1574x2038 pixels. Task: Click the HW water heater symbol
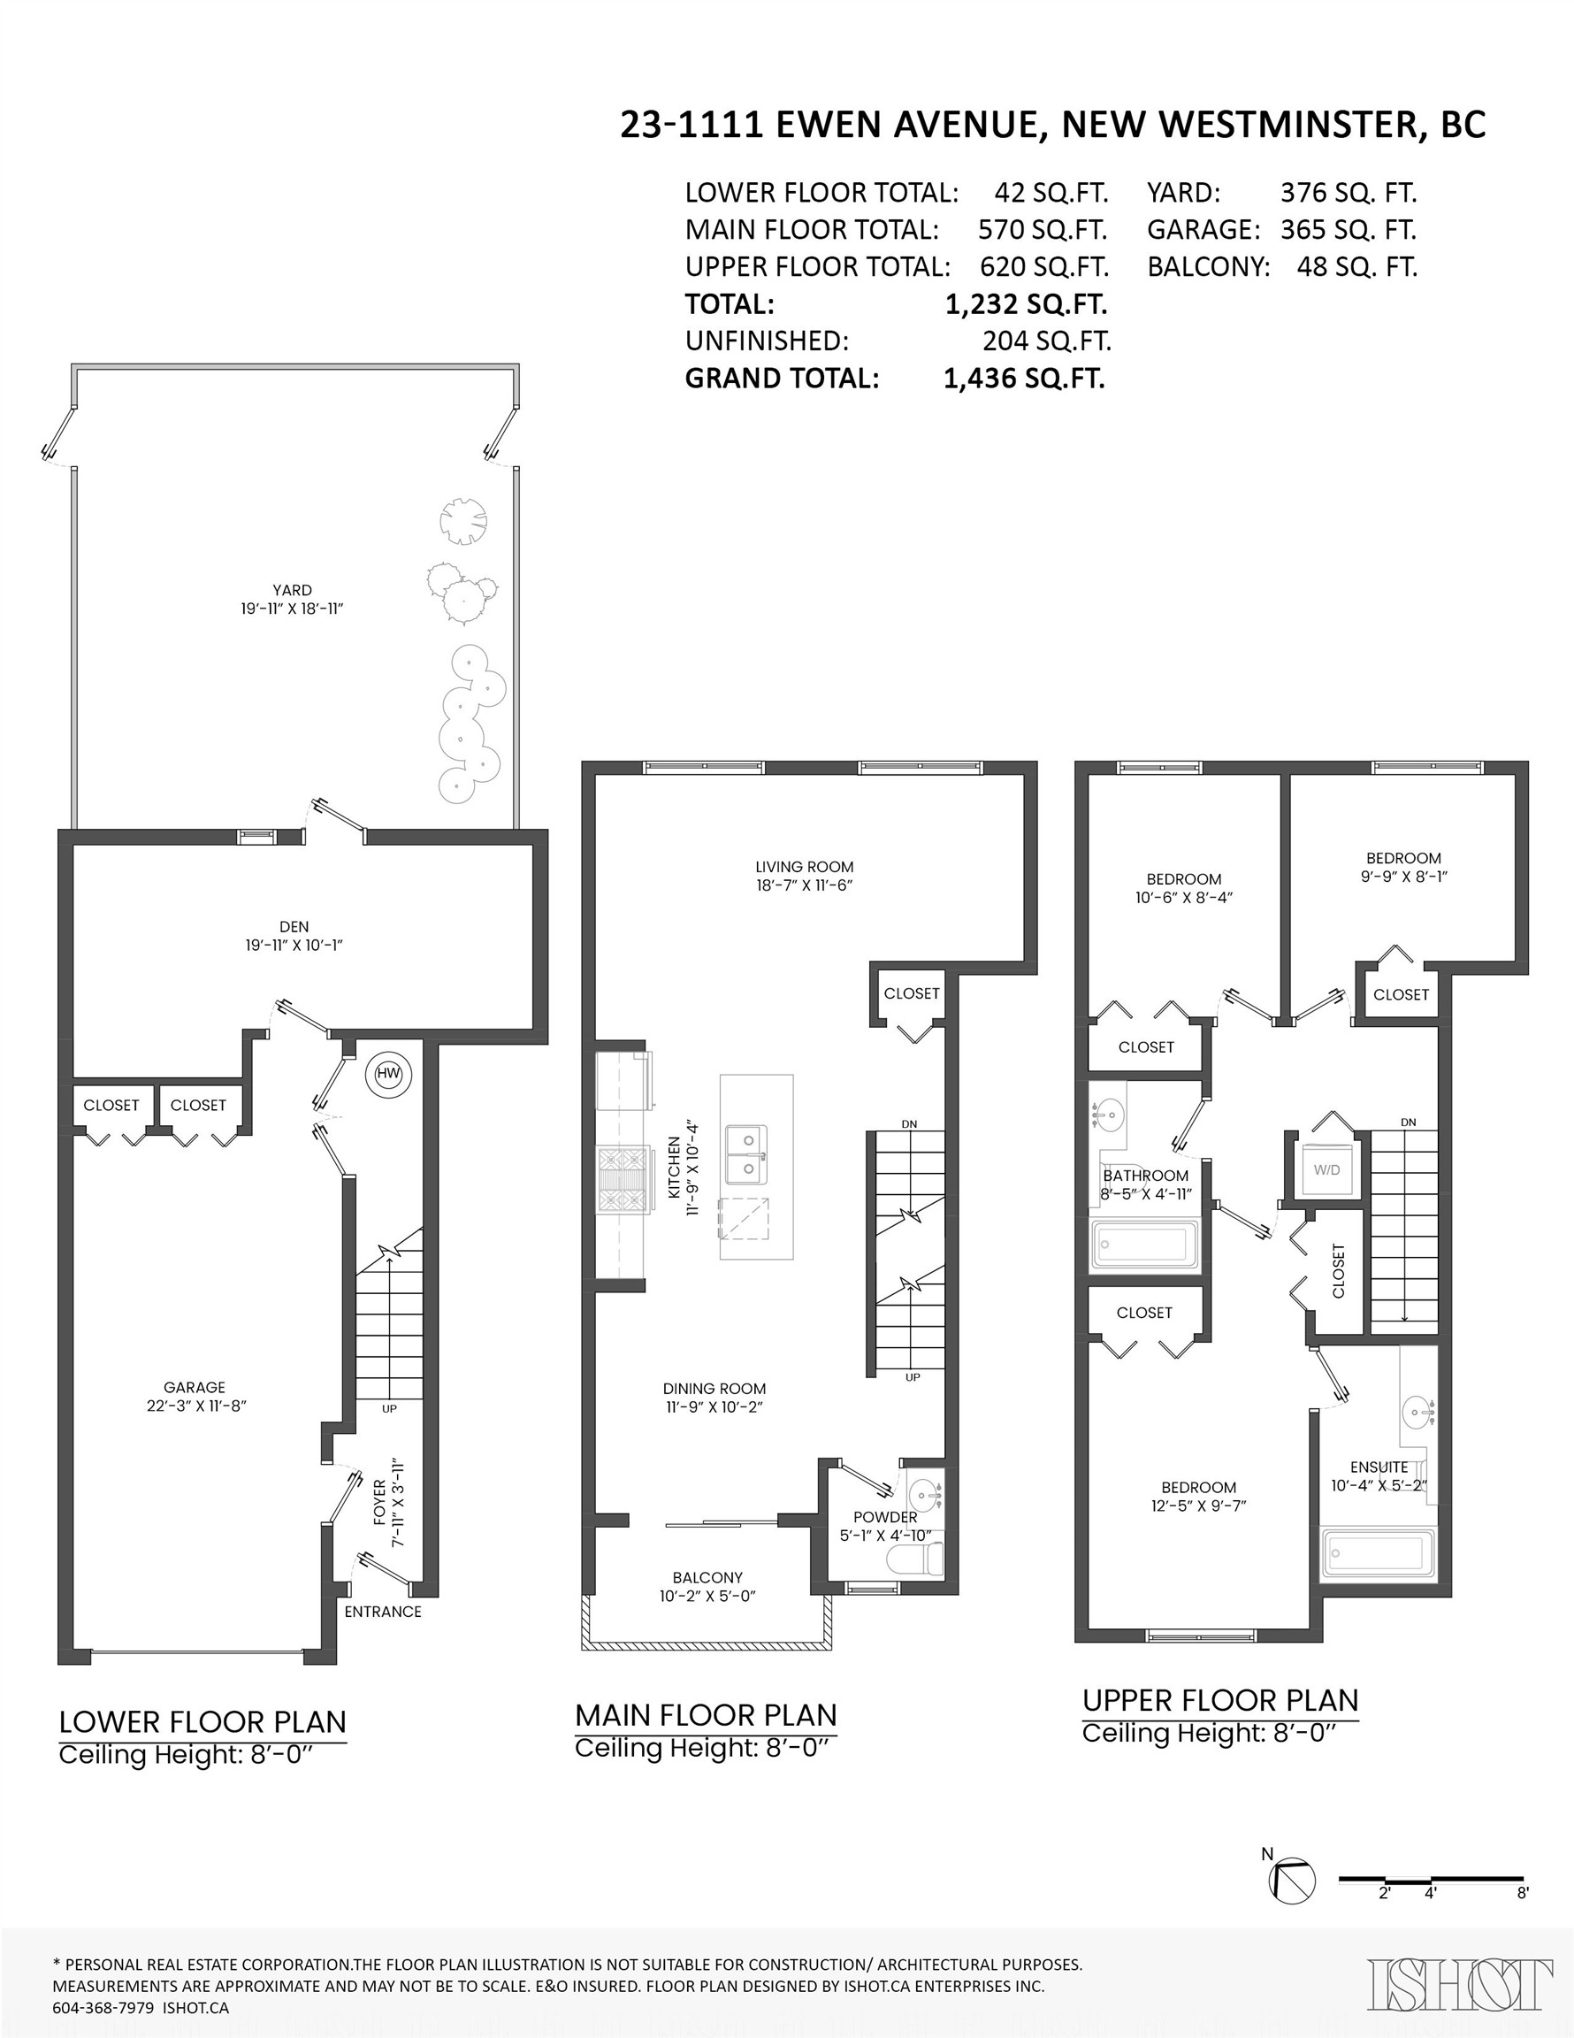click(x=388, y=1074)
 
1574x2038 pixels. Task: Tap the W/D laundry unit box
click(x=1326, y=1169)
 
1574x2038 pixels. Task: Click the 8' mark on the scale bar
click(x=1522, y=1893)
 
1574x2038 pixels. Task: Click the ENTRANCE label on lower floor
click(x=383, y=1612)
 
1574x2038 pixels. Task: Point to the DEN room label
click(x=294, y=927)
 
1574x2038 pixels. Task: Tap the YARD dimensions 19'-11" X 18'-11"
click(x=292, y=609)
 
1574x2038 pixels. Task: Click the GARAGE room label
click(x=194, y=1388)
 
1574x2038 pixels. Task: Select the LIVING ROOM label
click(x=805, y=866)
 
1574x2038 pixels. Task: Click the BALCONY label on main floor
click(x=707, y=1577)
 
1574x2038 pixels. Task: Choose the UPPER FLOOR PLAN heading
click(x=1219, y=1700)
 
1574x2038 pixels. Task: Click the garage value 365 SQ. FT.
click(x=1348, y=230)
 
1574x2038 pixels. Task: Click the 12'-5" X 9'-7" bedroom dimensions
click(x=1198, y=1506)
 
